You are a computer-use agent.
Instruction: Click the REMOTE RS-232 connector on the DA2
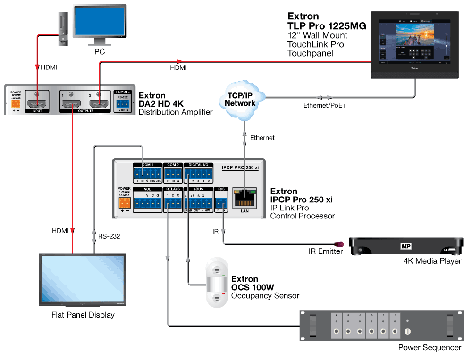coord(122,103)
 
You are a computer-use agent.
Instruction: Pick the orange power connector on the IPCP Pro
coord(125,202)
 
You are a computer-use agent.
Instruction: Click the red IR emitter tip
coord(338,244)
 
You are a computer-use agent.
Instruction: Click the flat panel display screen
coord(82,280)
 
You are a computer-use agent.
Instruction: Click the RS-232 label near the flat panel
coord(109,236)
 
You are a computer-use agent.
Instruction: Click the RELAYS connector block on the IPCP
coord(173,203)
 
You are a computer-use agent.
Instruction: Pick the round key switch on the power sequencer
coord(407,332)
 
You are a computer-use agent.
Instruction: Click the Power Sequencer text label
coord(430,348)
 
